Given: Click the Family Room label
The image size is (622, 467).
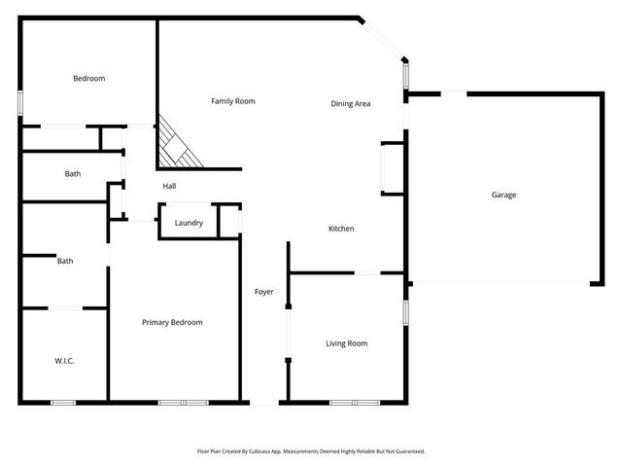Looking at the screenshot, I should (x=233, y=101).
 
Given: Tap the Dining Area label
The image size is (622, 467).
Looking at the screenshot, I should (x=351, y=104).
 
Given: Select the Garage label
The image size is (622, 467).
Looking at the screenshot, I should (x=503, y=196).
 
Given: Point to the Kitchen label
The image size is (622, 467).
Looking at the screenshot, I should (x=341, y=229).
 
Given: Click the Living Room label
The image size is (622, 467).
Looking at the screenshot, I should (x=346, y=343).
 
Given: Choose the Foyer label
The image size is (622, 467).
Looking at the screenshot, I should (x=263, y=292).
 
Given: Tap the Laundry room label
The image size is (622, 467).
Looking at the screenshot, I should (x=189, y=223).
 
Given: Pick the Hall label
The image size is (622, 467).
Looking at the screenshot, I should (x=169, y=186).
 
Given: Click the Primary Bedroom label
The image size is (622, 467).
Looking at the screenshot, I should (x=172, y=323).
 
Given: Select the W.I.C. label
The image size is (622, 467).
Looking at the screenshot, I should (x=64, y=361).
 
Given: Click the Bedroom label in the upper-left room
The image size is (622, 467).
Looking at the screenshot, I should (x=88, y=79).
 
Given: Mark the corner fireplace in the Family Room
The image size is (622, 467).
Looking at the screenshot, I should (x=178, y=144).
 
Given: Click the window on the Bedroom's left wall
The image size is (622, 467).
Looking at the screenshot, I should (x=20, y=103).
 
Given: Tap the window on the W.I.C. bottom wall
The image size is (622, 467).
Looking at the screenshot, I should (x=63, y=402).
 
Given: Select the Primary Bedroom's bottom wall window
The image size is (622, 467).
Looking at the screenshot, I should (x=183, y=402).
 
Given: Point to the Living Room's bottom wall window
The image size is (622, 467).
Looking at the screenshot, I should (x=355, y=402).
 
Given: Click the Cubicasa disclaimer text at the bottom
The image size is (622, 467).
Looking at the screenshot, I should (x=311, y=451).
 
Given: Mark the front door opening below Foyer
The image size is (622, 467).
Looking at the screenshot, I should (x=264, y=402).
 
